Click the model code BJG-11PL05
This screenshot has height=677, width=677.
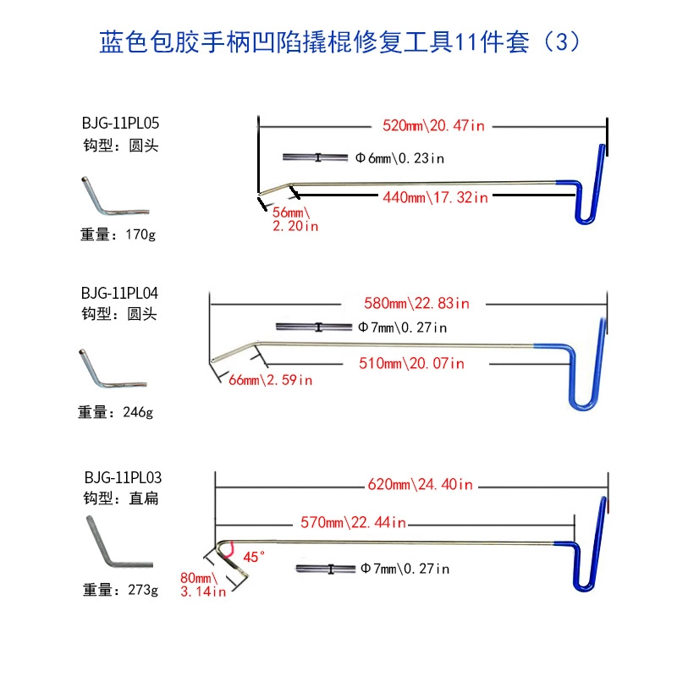(x=120, y=124)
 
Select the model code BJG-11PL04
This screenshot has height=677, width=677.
(x=120, y=293)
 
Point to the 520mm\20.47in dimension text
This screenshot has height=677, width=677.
(x=434, y=126)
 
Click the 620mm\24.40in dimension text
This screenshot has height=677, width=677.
(x=421, y=485)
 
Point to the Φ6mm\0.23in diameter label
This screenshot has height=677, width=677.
(x=399, y=157)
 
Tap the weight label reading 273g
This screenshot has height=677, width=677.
(x=119, y=590)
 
